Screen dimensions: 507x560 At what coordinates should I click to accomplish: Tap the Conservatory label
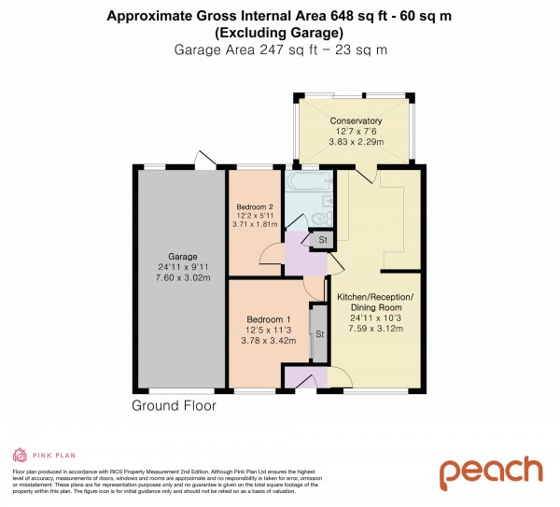[x=356, y=121]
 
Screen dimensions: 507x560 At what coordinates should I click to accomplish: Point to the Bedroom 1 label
[x=264, y=317]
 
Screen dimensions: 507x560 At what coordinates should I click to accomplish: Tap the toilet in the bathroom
[x=320, y=218]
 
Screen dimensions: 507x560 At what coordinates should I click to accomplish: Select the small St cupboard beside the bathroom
[x=323, y=241]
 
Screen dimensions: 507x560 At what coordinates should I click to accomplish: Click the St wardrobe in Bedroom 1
[x=318, y=334]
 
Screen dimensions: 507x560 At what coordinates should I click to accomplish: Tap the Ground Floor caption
[x=174, y=406]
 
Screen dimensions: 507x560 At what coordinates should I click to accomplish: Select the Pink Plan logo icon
[x=20, y=455]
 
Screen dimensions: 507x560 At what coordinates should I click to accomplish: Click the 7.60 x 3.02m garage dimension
[x=182, y=277]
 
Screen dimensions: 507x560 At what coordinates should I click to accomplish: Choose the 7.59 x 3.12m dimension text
[x=374, y=330]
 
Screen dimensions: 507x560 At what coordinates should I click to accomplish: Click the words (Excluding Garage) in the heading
[x=279, y=32]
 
